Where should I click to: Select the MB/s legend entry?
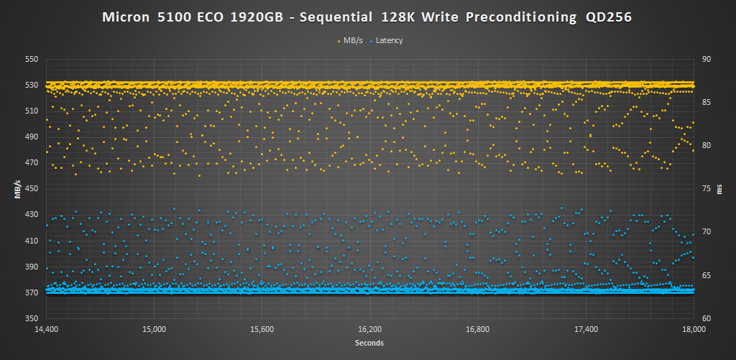coord(351,40)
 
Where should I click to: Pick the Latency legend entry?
coord(389,40)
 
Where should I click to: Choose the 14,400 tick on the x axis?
coord(46,329)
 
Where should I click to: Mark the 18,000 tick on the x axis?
coord(693,329)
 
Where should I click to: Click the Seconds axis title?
coord(369,343)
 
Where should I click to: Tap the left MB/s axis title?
coord(16,189)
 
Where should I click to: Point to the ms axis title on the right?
coord(721,189)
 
